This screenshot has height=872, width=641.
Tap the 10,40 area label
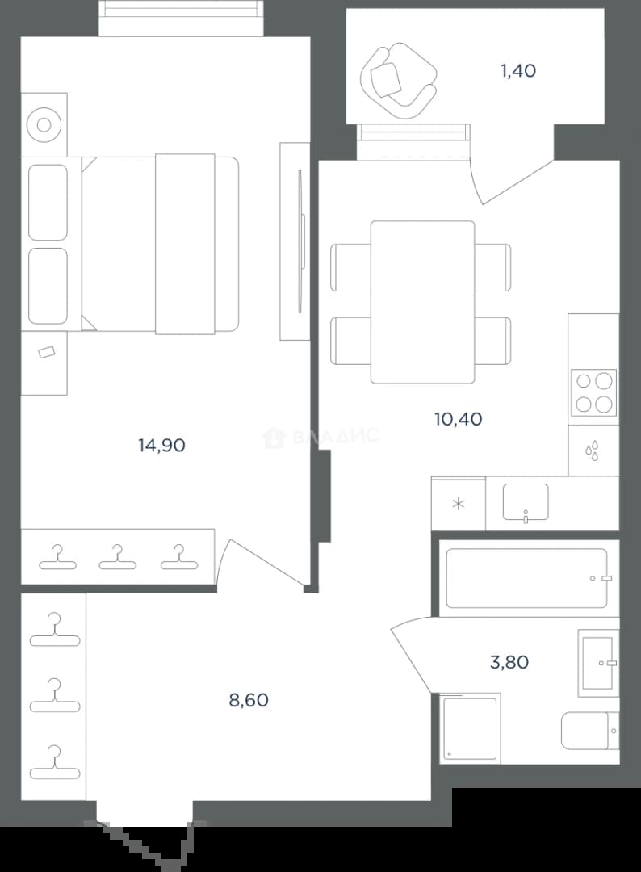tap(458, 419)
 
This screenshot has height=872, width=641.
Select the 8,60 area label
tap(249, 699)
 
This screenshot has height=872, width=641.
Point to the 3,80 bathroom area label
tap(509, 662)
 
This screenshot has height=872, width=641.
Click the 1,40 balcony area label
tap(518, 70)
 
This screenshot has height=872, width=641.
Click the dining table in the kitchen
tap(422, 302)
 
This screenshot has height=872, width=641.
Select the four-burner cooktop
tap(593, 392)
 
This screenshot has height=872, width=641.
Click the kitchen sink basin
tap(526, 502)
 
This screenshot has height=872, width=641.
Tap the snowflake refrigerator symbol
tap(458, 505)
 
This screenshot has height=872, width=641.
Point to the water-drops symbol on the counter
tap(593, 451)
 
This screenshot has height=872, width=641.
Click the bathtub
tap(526, 578)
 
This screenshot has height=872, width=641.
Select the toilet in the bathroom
tap(589, 730)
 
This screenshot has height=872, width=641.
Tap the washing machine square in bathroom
tap(470, 728)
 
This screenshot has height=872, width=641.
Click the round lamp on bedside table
tap(44, 124)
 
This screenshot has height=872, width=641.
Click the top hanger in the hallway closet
tap(54, 630)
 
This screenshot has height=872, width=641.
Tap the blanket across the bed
tap(185, 244)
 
